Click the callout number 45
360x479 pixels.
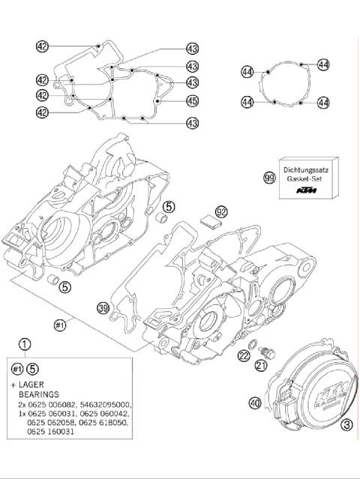192,101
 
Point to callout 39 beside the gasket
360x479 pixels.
103,307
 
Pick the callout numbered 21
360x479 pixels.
260,365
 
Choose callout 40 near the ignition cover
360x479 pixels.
255,403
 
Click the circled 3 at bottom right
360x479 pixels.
346,425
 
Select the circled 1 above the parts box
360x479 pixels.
25,345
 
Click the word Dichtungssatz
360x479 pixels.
307,170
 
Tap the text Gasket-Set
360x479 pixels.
307,180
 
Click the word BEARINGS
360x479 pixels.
44,394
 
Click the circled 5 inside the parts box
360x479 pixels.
33,368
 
